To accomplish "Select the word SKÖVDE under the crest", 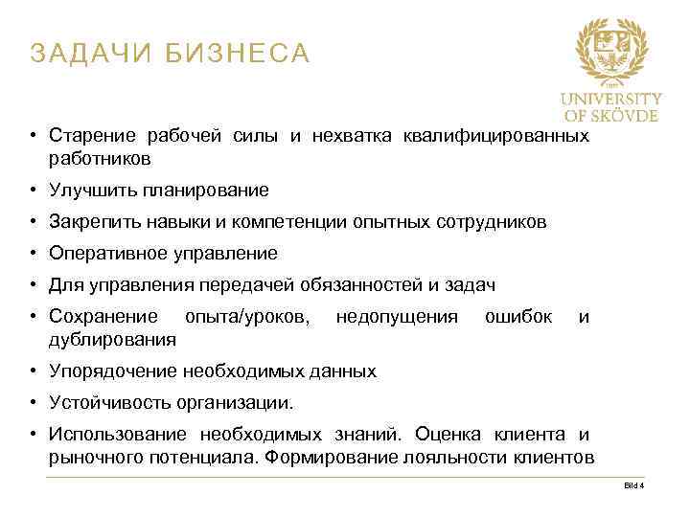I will [624, 115].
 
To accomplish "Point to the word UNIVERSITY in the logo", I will [610, 99].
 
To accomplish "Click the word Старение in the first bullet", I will [87, 135].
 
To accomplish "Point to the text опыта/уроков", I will [246, 316].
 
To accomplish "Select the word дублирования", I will [112, 338].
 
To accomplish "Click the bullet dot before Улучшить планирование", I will [33, 190].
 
